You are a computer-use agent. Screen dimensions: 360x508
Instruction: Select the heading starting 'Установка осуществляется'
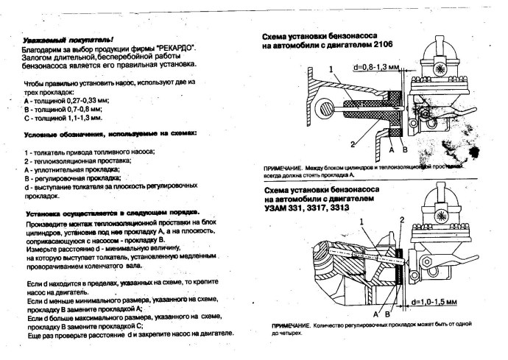110,211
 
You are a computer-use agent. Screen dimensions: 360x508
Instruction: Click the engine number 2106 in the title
380,46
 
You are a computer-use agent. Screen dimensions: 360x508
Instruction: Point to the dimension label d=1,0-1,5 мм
436,301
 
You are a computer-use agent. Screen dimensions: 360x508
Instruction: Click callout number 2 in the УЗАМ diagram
402,220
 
